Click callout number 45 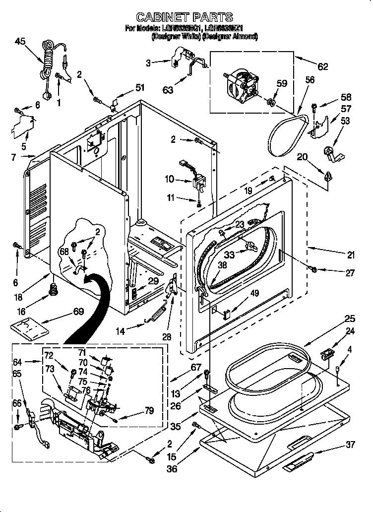pyautogui.click(x=20, y=42)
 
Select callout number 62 pyautogui.click(x=323, y=66)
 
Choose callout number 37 pyautogui.click(x=350, y=445)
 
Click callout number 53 pyautogui.click(x=345, y=121)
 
